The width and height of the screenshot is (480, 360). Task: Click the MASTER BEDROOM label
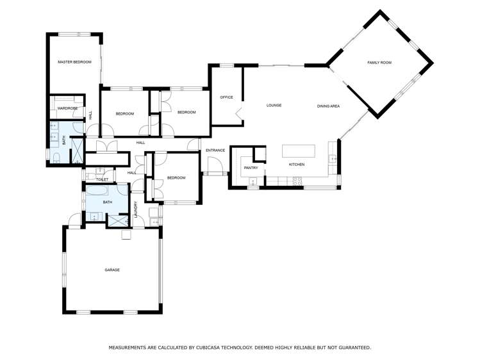pos(74,62)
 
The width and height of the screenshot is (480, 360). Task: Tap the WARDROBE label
pos(67,108)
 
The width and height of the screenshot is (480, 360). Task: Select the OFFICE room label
pos(226,97)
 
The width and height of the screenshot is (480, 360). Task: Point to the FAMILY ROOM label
pos(379,62)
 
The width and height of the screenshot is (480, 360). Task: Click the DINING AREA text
pos(328,106)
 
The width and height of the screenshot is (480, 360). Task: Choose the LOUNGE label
pos(274,105)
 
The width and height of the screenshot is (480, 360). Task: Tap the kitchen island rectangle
pos(299,151)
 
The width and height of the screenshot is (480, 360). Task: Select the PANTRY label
pos(251,168)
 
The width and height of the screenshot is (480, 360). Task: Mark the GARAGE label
pos(112,270)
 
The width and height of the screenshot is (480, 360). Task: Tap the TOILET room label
pos(101,179)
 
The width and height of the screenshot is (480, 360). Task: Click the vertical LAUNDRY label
pos(136,209)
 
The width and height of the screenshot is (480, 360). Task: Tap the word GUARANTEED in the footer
pos(351,348)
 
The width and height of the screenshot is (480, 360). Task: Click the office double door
pos(238,116)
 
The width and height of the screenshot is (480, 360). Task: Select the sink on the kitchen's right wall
pos(332,160)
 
